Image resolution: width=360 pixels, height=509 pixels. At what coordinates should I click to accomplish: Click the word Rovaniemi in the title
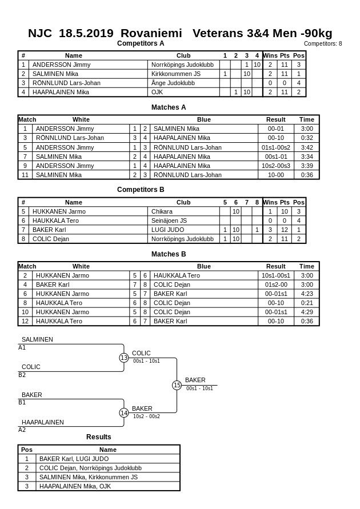[x=151, y=33]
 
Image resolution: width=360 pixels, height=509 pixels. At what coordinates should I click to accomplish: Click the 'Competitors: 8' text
[x=323, y=43]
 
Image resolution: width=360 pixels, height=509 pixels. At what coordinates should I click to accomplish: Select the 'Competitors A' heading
[x=141, y=43]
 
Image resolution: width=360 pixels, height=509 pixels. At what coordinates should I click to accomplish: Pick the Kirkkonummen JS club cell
[x=176, y=74]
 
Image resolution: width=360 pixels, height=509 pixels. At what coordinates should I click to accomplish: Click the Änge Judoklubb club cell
[x=173, y=83]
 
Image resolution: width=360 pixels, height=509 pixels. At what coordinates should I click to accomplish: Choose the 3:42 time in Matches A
[x=307, y=147]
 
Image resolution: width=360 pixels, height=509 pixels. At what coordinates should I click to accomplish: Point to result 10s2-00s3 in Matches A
[x=276, y=166]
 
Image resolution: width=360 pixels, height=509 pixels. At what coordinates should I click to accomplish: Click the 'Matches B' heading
[x=169, y=254]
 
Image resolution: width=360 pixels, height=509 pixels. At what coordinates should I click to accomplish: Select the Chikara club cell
[x=162, y=211]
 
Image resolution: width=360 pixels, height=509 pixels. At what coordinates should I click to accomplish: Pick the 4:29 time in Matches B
[x=307, y=312]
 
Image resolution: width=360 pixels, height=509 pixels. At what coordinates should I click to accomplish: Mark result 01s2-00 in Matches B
[x=276, y=284]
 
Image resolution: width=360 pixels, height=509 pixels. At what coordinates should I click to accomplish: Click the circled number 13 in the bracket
[x=124, y=358]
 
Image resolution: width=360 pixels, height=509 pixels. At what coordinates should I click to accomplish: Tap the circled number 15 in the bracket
[x=177, y=386]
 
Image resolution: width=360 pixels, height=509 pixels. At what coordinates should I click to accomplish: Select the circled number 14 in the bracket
[x=124, y=413]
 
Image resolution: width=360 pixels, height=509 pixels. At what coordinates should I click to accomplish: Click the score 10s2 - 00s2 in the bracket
[x=146, y=416]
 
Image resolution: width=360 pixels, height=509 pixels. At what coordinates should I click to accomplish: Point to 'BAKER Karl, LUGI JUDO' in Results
[x=74, y=459]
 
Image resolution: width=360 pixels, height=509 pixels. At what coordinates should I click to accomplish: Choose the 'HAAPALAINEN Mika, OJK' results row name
[x=75, y=486]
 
